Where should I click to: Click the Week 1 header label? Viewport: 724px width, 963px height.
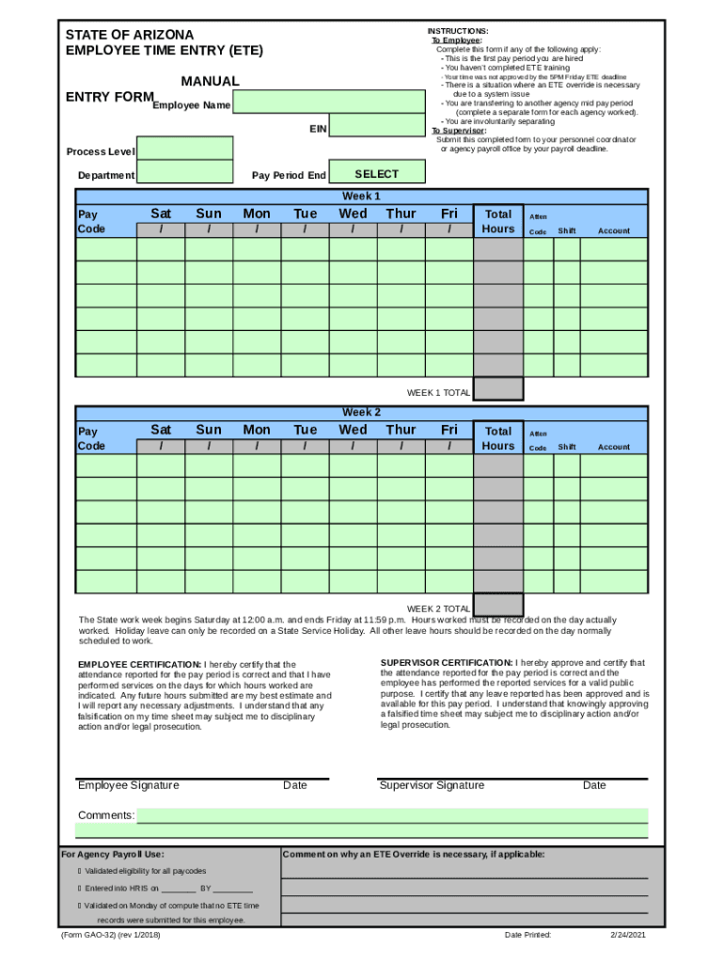coord(361,197)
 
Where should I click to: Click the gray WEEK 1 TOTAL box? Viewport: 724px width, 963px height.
coord(498,388)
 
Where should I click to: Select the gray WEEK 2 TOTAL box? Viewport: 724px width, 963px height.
coord(498,605)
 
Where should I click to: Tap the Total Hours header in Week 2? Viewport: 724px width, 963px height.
coord(498,437)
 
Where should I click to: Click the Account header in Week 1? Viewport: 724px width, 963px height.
coord(614,231)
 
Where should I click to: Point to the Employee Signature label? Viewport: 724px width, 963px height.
coord(129,785)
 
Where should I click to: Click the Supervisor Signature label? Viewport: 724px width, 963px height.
coord(433,785)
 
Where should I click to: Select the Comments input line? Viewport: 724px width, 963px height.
coord(392,815)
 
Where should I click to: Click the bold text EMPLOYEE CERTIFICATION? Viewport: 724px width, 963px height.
coord(140,665)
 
